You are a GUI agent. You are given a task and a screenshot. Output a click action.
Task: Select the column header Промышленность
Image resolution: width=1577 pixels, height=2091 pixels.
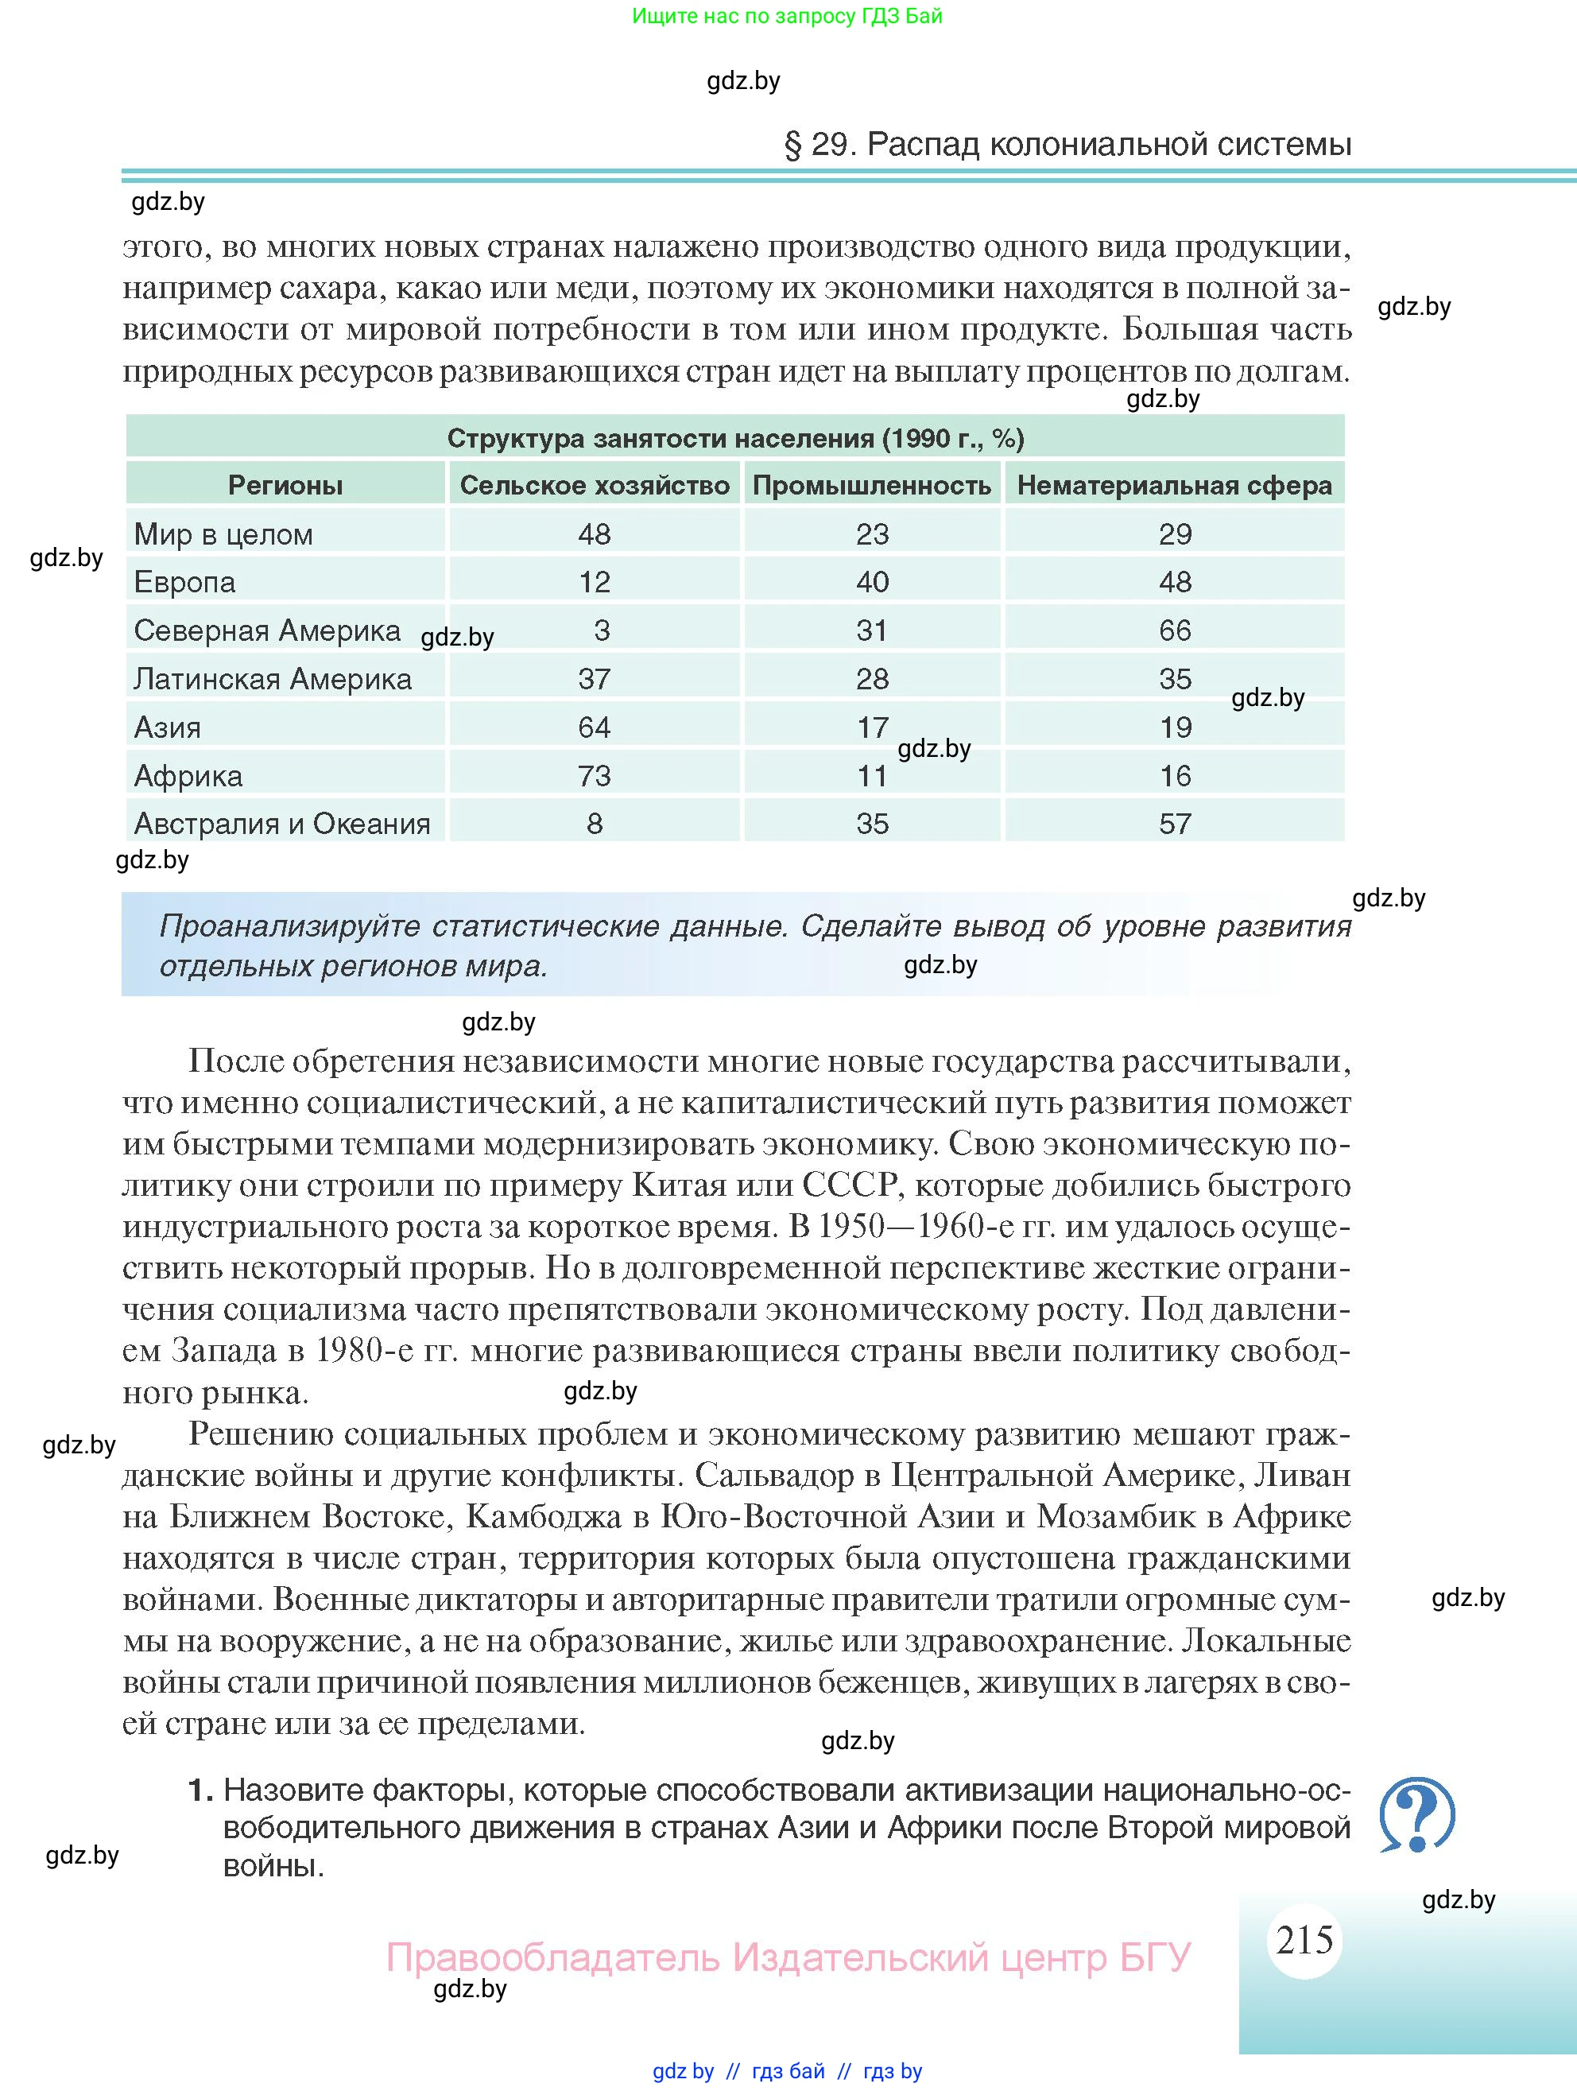click(x=871, y=486)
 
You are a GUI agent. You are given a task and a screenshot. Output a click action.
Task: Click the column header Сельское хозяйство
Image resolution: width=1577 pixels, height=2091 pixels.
click(x=595, y=486)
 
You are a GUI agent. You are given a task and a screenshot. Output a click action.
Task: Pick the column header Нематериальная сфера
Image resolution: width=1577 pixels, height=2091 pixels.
click(x=1175, y=486)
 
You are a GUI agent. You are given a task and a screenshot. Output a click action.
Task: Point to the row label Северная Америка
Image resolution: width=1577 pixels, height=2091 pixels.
click(x=267, y=630)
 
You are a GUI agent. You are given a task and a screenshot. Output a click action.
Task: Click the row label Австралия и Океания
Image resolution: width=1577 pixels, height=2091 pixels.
click(x=281, y=824)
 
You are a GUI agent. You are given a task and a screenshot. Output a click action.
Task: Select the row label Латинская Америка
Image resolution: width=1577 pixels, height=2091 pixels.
click(x=273, y=679)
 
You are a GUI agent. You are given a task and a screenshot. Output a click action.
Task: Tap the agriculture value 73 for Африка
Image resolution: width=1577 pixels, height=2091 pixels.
click(x=595, y=776)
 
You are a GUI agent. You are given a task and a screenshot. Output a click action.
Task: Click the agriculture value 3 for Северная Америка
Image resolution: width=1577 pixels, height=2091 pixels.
click(x=602, y=630)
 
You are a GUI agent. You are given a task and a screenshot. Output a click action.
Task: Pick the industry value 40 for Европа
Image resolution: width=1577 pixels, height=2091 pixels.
click(x=872, y=582)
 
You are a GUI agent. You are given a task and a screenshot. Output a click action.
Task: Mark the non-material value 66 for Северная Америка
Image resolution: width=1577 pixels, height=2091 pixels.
click(x=1176, y=630)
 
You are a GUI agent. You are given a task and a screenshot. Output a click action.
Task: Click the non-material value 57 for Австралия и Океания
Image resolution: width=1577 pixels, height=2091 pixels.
click(x=1176, y=824)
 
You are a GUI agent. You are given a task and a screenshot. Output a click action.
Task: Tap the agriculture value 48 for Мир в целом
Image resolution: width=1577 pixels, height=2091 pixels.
click(x=595, y=534)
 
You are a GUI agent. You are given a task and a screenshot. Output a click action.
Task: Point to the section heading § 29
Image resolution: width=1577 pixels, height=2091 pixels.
click(x=1067, y=144)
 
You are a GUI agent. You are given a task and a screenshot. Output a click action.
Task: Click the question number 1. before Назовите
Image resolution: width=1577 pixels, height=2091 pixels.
click(x=200, y=1790)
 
